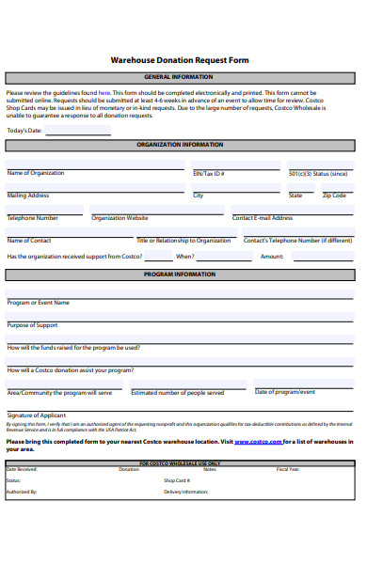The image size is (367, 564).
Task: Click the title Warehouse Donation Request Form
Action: [180, 59]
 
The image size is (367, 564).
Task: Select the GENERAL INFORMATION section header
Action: [179, 77]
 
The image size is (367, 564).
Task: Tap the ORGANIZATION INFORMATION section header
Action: [180, 145]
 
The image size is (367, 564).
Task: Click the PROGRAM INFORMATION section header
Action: [179, 274]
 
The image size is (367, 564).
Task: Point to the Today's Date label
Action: [24, 130]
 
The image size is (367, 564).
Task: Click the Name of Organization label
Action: [36, 173]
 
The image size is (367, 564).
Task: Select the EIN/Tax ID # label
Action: [208, 174]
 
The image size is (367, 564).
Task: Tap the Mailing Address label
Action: [28, 196]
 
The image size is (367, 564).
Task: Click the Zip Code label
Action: [334, 196]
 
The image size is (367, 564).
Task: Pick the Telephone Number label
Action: [33, 218]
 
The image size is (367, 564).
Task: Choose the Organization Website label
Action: [120, 218]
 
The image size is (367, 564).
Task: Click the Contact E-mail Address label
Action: [263, 218]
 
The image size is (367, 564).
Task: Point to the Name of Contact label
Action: [29, 241]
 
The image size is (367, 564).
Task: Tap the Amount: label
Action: [272, 256]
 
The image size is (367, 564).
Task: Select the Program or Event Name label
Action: [39, 303]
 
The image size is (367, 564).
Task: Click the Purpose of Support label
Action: [33, 325]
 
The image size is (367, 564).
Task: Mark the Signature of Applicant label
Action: [37, 415]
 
